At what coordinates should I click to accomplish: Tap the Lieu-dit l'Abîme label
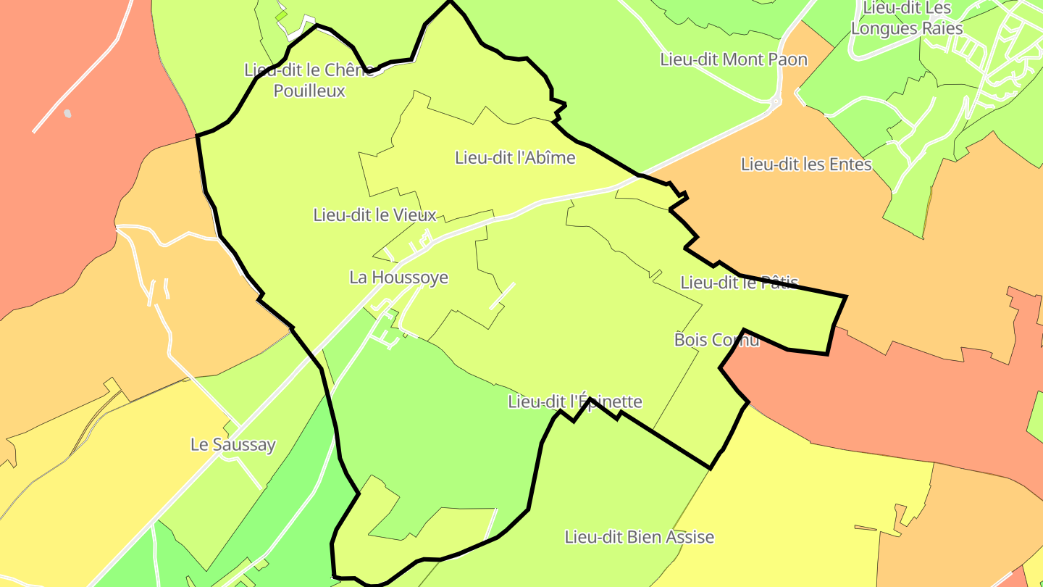pos(515,157)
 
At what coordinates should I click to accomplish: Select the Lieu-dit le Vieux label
pos(374,215)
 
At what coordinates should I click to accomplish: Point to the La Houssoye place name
pos(398,277)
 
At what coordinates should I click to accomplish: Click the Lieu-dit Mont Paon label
pos(733,59)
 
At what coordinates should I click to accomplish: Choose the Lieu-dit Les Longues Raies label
pos(906,19)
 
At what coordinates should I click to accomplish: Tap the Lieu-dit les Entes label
pos(806,165)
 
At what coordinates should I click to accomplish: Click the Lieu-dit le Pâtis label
pos(739,282)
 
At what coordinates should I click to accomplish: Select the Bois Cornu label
pos(716,339)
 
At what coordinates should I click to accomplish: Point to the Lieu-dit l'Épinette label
pos(575,401)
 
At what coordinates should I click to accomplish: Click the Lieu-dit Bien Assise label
pos(639,537)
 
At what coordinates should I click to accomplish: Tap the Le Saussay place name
pos(233,444)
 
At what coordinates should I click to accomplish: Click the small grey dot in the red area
pos(67,113)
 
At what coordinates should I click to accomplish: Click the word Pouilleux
pos(309,91)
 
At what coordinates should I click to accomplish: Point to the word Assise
pos(690,537)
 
